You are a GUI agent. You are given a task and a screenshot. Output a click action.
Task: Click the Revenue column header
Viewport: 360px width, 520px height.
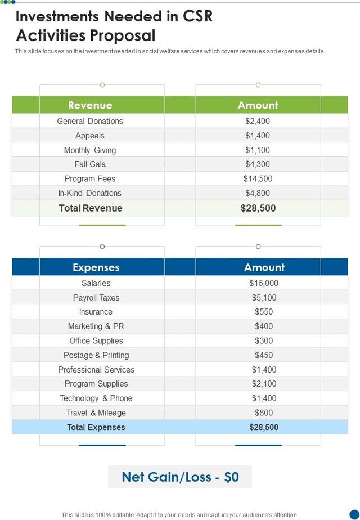(x=90, y=105)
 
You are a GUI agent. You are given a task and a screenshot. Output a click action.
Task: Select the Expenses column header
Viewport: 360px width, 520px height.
(x=96, y=267)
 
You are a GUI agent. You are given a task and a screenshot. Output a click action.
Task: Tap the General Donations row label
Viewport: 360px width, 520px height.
(x=90, y=121)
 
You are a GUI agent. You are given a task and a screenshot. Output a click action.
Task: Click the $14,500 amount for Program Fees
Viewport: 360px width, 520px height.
(x=258, y=178)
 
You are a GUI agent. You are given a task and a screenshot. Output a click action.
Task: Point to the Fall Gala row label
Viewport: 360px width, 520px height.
(x=90, y=164)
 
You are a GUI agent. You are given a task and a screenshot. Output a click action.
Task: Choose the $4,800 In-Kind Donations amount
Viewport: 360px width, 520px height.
(x=258, y=193)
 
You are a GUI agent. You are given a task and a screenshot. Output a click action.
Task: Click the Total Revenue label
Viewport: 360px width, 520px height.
(x=90, y=208)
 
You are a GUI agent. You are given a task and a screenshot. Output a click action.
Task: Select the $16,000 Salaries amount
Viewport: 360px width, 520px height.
(x=264, y=283)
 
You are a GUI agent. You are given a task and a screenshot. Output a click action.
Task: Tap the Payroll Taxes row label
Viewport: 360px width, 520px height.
(x=96, y=298)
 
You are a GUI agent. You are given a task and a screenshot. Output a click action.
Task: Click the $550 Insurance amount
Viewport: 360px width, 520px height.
(x=264, y=312)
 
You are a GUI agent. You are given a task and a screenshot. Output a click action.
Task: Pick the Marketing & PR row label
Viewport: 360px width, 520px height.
(x=96, y=326)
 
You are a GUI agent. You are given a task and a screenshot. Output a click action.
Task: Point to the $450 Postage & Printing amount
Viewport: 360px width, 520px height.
(x=264, y=355)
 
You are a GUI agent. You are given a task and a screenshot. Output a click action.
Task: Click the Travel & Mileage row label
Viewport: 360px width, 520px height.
(x=96, y=413)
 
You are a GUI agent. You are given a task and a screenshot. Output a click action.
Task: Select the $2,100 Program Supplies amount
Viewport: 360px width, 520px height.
(x=264, y=384)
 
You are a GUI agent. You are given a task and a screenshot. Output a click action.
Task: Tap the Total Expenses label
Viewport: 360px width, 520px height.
(x=96, y=427)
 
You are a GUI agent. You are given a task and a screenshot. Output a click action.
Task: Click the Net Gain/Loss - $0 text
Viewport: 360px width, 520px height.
(x=180, y=477)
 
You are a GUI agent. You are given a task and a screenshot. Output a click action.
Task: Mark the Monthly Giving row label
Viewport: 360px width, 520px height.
(x=90, y=150)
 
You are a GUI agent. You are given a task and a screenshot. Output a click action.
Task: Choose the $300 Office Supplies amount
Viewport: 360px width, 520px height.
(x=264, y=340)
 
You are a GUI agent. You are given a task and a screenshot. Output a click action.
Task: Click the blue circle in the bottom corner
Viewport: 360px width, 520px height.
(x=354, y=514)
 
